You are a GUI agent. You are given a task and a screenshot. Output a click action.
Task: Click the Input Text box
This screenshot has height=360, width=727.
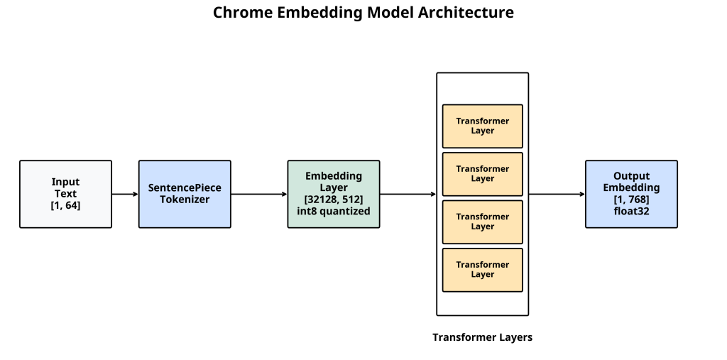pos(65,194)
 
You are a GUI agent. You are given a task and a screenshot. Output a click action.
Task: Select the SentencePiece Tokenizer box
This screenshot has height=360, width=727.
pos(185,194)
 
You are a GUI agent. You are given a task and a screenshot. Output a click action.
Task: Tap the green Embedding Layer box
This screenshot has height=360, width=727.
pos(334,194)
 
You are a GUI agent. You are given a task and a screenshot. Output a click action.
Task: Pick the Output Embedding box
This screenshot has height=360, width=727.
pos(631,194)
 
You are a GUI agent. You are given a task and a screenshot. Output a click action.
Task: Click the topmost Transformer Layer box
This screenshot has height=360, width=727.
pos(482,126)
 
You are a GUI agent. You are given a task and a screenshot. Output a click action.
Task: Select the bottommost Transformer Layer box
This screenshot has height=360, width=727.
pos(482,270)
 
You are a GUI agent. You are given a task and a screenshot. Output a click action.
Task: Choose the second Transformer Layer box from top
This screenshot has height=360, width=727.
pos(482,174)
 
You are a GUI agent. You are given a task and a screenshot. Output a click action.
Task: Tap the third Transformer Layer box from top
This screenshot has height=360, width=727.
pos(482,222)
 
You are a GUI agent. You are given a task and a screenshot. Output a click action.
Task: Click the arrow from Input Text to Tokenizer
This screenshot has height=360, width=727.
pos(125,194)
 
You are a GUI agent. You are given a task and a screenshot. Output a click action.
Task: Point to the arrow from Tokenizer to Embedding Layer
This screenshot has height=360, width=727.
pos(259,194)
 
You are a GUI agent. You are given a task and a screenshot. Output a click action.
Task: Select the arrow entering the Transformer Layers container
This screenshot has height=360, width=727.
pos(408,194)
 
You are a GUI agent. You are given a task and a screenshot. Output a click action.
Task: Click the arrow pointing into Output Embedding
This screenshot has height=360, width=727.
pos(557,194)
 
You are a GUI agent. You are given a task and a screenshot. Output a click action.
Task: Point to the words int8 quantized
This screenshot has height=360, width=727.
pos(334,212)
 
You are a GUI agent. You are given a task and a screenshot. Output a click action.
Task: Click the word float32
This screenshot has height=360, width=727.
pos(631,211)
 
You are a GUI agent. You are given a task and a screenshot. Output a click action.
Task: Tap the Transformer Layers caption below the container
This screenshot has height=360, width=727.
pos(482,338)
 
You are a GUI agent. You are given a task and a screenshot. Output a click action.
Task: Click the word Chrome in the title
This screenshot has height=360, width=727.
pos(243,13)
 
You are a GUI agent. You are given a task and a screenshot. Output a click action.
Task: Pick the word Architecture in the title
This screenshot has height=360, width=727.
pos(466,13)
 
